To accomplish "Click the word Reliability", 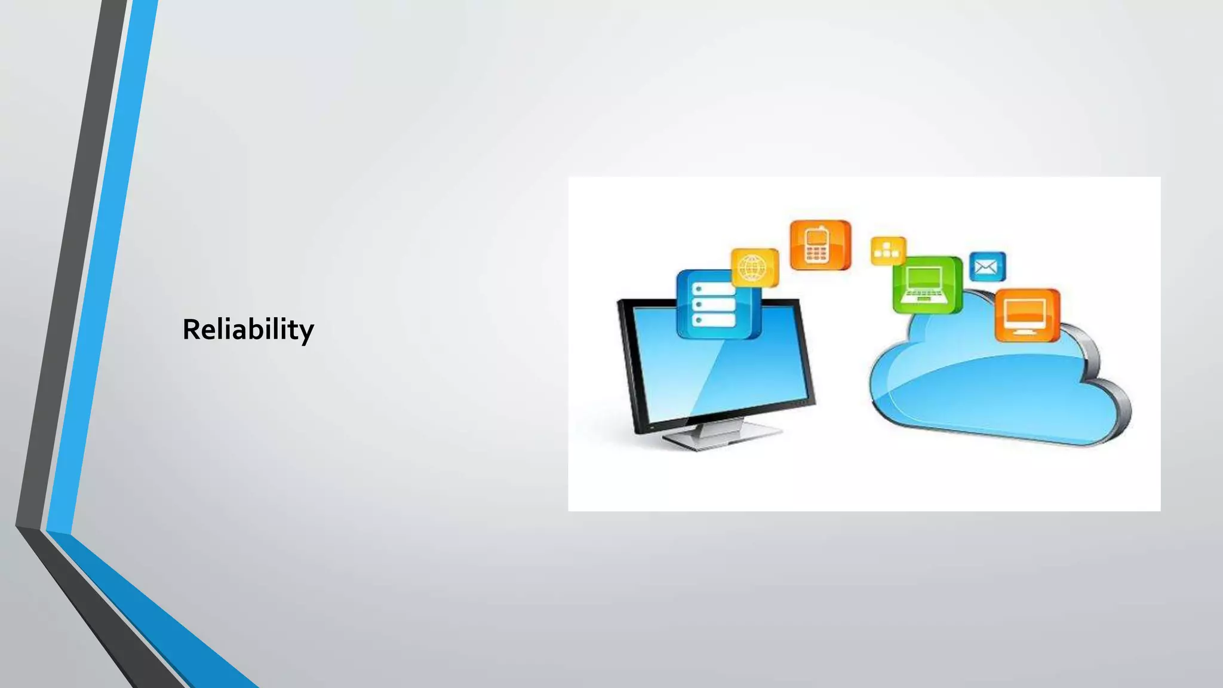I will [248, 330].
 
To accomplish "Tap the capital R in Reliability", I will [191, 330].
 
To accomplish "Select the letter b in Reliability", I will [257, 329].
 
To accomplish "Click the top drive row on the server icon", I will [714, 289].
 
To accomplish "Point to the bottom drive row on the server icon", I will [714, 321].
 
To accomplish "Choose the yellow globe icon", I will [754, 268].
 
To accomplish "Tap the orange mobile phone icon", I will [819, 245].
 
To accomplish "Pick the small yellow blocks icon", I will [887, 250].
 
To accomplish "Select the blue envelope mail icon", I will [987, 266].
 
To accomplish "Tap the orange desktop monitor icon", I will [1026, 315].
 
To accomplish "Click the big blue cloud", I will [991, 388].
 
